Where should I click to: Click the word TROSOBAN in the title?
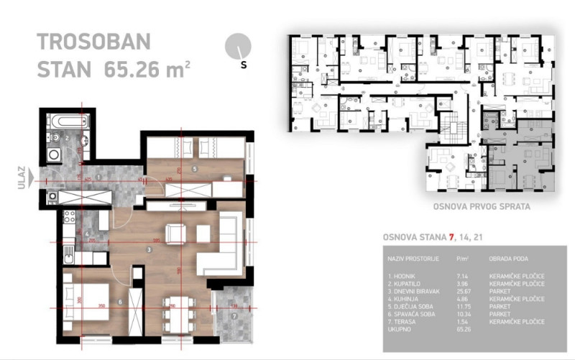pos(94,41)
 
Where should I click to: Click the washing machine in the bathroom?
pos(55,152)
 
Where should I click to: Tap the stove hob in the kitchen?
pos(70,216)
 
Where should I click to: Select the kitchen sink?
pos(68,254)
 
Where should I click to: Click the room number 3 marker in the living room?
pos(148,250)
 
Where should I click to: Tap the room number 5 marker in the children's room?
pos(194,169)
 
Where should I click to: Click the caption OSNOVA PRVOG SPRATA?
pos(482,207)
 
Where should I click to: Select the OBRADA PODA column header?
pos(507,256)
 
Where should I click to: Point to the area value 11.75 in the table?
pos(463,304)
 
